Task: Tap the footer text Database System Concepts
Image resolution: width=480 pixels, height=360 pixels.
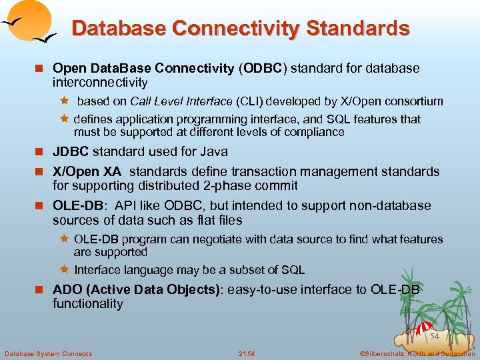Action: (49, 353)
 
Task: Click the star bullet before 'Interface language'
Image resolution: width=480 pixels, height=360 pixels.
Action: (65, 270)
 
